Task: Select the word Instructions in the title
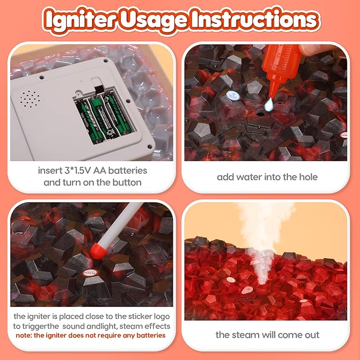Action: tap(254, 19)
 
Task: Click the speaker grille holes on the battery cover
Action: tap(30, 99)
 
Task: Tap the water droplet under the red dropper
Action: tap(268, 104)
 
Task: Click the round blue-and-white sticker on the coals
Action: tap(233, 95)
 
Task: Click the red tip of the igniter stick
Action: tap(99, 251)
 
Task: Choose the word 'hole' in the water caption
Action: tap(309, 177)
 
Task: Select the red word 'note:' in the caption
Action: tap(24, 336)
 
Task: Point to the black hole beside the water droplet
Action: tap(260, 113)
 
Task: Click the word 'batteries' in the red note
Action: tap(151, 336)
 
